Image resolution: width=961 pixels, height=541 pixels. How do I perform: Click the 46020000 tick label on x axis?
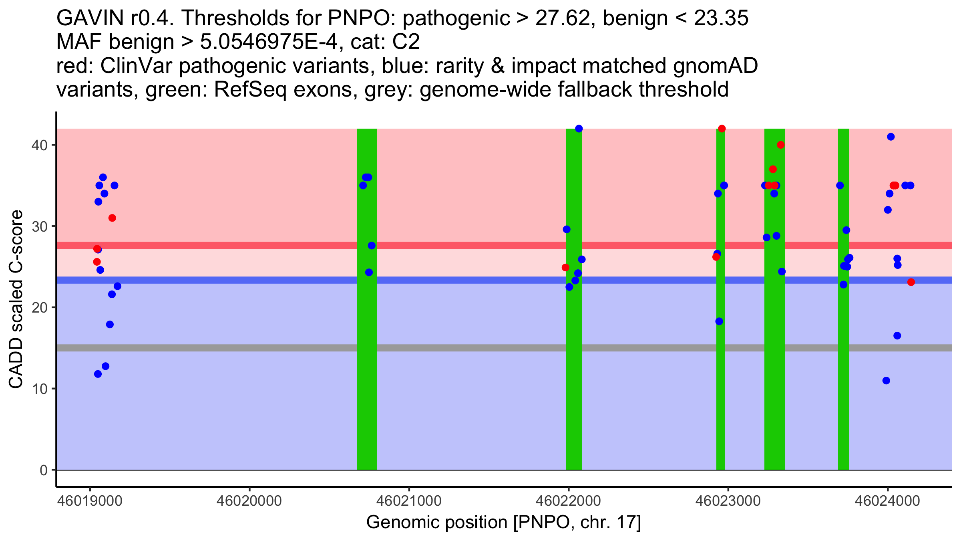click(x=249, y=501)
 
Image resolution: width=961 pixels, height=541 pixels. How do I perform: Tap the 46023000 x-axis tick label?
click(x=728, y=501)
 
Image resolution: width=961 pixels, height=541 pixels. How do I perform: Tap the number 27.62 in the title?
click(x=565, y=18)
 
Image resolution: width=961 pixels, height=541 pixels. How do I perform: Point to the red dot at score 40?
click(x=780, y=145)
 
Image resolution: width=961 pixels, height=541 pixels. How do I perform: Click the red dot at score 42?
click(x=722, y=129)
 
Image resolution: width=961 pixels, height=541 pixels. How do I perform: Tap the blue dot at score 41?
click(x=891, y=137)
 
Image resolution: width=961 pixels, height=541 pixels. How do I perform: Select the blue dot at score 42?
click(x=579, y=129)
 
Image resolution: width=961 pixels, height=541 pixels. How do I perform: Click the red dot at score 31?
click(x=112, y=218)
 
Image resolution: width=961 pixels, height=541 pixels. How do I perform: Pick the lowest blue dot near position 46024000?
click(x=886, y=380)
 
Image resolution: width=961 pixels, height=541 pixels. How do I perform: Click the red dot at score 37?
click(x=773, y=169)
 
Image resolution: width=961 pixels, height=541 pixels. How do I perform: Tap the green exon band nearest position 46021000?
click(x=367, y=299)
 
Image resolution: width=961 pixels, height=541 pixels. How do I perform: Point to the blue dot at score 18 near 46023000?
click(x=719, y=321)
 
